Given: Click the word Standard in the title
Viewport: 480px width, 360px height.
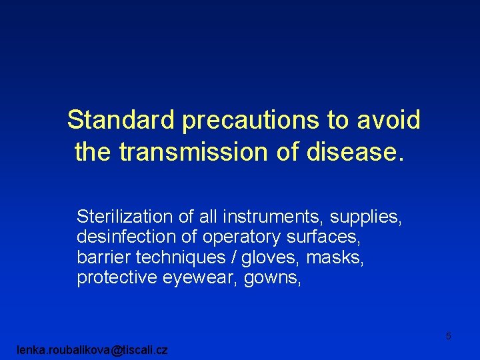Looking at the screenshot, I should [x=121, y=121].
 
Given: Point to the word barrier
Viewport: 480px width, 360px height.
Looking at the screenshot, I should [x=100, y=257].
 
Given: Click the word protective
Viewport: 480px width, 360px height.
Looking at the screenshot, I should [x=117, y=279].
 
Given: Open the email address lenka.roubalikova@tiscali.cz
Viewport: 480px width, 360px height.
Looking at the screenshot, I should [x=92, y=349].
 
